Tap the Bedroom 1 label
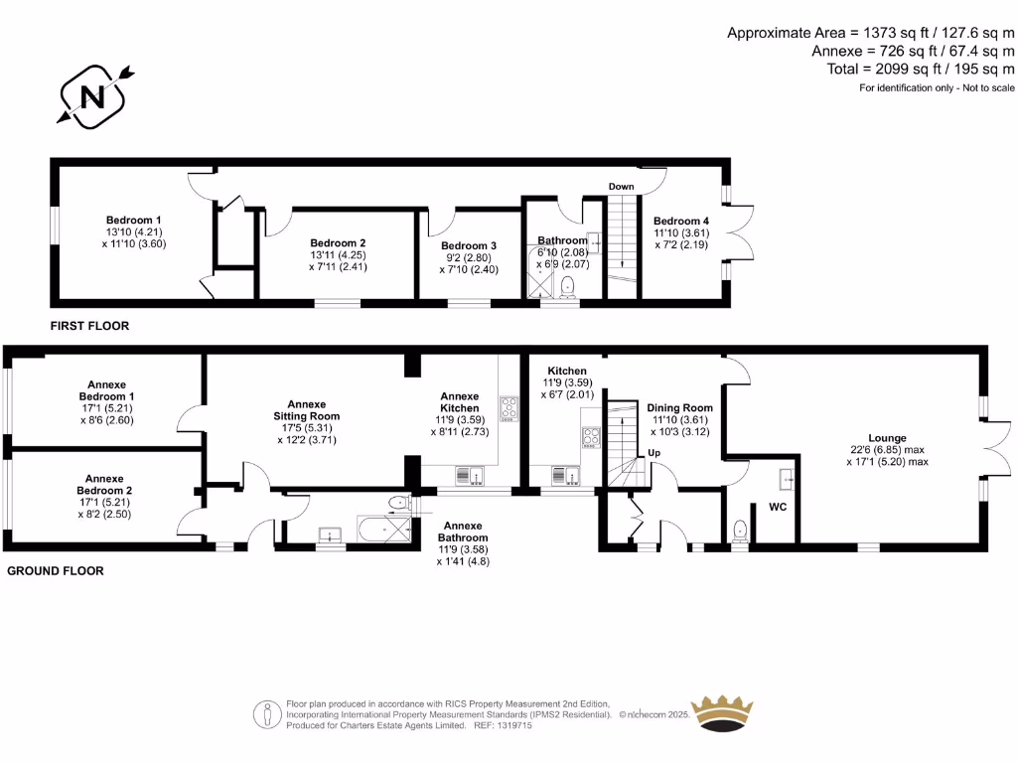click(x=134, y=220)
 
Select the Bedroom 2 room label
click(x=338, y=242)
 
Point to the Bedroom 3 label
click(x=469, y=245)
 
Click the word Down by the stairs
click(x=622, y=187)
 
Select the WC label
click(x=779, y=507)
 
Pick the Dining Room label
click(x=680, y=407)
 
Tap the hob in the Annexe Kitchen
click(x=508, y=407)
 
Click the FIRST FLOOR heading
click(x=90, y=326)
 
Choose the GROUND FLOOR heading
click(x=56, y=571)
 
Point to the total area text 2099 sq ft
click(x=921, y=69)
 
